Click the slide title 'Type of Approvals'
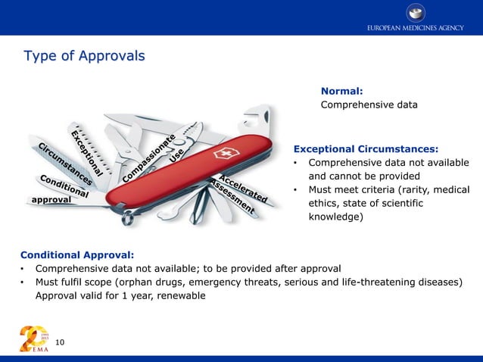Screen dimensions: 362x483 point(84,57)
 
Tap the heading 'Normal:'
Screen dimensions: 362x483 point(341,91)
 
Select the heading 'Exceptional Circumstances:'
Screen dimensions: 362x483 point(366,148)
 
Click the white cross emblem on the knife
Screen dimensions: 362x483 point(224,154)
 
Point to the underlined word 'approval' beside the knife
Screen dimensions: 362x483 point(51,200)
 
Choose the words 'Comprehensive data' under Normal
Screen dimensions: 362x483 point(369,105)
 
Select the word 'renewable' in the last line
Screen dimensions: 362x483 point(179,295)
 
